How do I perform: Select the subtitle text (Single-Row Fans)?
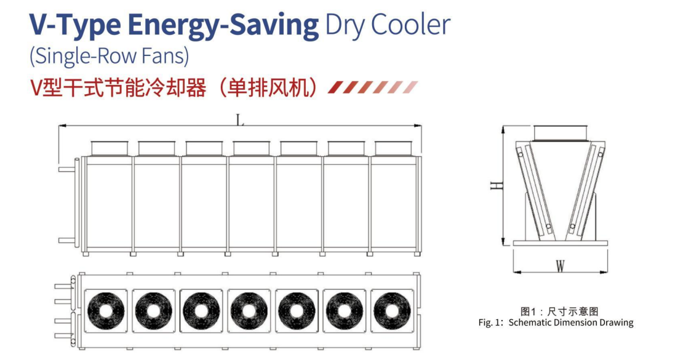pos(110,57)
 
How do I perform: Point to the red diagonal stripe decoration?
pos(373,87)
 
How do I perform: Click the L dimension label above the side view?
pos(240,119)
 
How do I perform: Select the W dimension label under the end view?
pos(560,265)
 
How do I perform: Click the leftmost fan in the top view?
pos(106,311)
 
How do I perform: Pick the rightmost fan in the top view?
pos(393,311)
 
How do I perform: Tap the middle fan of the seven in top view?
pos(249,311)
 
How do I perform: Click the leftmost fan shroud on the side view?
pos(110,148)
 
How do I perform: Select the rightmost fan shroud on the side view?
pos(394,148)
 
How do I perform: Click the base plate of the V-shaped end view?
pos(560,243)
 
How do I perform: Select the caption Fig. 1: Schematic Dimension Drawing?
pos(556,323)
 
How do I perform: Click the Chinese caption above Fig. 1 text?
pos(559,311)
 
